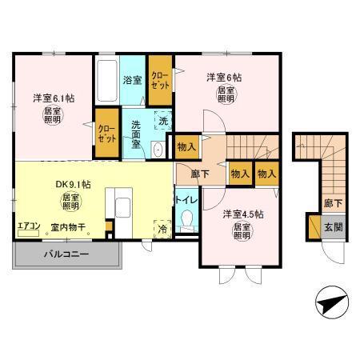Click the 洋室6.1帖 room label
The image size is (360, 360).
click(x=54, y=98)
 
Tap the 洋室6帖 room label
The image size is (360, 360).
click(x=224, y=78)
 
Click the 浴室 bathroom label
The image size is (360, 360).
click(x=133, y=80)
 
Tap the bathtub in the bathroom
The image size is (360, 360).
click(x=107, y=82)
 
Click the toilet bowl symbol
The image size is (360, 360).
click(x=188, y=218)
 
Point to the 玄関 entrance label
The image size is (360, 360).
click(x=333, y=226)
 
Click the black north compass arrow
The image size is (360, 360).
click(x=330, y=304)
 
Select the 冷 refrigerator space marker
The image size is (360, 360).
click(x=163, y=228)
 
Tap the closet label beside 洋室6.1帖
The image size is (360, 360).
click(x=106, y=130)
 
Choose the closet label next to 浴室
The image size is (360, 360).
click(x=161, y=80)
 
